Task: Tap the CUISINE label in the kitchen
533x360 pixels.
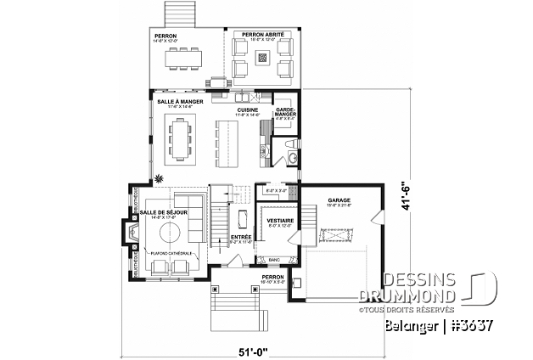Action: (x=248, y=110)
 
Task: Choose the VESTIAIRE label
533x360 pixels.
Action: (x=280, y=221)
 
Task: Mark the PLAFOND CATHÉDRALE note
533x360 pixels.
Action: (x=174, y=252)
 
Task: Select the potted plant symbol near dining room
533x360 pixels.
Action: (x=156, y=179)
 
